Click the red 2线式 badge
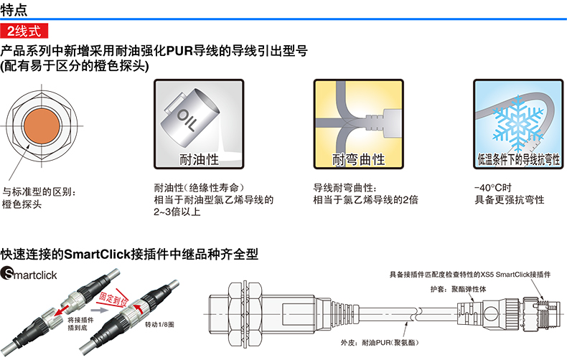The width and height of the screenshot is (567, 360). pyautogui.click(x=24, y=31)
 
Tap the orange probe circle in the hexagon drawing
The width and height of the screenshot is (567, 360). pyautogui.click(x=42, y=125)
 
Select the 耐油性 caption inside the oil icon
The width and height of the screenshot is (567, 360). pyautogui.click(x=200, y=159)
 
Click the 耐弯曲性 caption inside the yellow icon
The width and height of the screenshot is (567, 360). pyautogui.click(x=359, y=159)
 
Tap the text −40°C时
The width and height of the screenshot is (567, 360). pyautogui.click(x=493, y=188)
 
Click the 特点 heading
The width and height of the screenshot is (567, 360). pyautogui.click(x=14, y=9)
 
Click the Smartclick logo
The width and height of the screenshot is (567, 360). pyautogui.click(x=29, y=274)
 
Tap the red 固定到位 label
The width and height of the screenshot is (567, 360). pyautogui.click(x=113, y=298)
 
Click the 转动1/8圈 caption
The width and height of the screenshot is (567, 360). pyautogui.click(x=159, y=325)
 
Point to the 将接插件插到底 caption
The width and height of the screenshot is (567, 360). pyautogui.click(x=80, y=324)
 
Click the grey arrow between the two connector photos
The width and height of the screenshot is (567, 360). pyautogui.click(x=99, y=310)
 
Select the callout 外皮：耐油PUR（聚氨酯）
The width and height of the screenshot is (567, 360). pyautogui.click(x=380, y=342)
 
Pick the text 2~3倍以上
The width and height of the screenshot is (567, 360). pyautogui.click(x=177, y=212)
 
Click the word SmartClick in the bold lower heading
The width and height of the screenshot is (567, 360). pyautogui.click(x=97, y=255)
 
